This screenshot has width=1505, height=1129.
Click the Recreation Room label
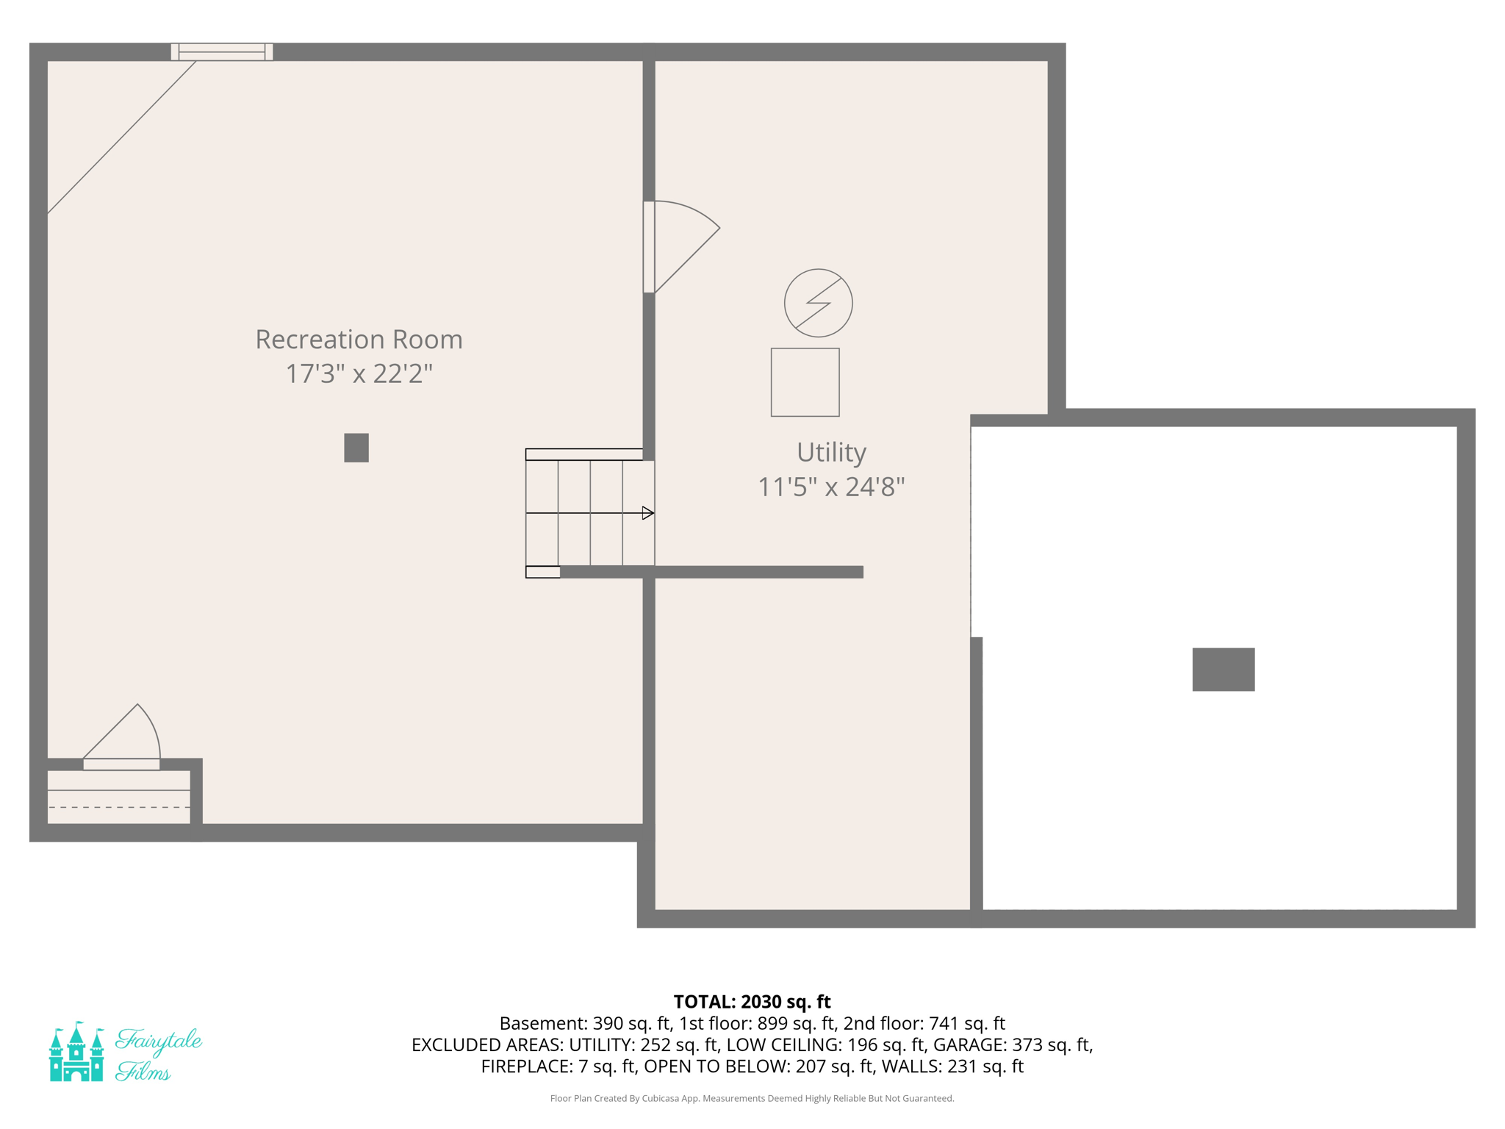pos(359,340)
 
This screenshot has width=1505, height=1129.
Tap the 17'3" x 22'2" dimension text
pos(359,374)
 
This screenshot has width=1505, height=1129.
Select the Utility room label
pos(831,452)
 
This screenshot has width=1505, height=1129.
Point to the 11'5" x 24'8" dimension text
pos(831,487)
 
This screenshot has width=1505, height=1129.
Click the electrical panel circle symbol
pos(818,303)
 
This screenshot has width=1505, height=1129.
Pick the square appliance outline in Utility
pos(805,382)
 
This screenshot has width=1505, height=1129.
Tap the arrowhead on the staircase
pos(647,513)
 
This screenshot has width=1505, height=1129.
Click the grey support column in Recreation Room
pos(356,448)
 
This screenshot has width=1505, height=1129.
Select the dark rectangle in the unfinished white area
pos(1223,669)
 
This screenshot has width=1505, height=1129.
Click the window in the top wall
pos(222,52)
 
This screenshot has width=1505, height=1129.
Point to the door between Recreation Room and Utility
pos(650,247)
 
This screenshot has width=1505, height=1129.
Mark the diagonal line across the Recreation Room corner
pos(121,137)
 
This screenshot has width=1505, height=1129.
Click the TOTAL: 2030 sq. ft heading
pos(752,1002)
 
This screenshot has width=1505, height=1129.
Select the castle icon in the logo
pos(76,1052)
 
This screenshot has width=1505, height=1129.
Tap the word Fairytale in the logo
pos(159,1040)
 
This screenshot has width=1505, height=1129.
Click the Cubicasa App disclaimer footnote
pos(752,1098)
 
